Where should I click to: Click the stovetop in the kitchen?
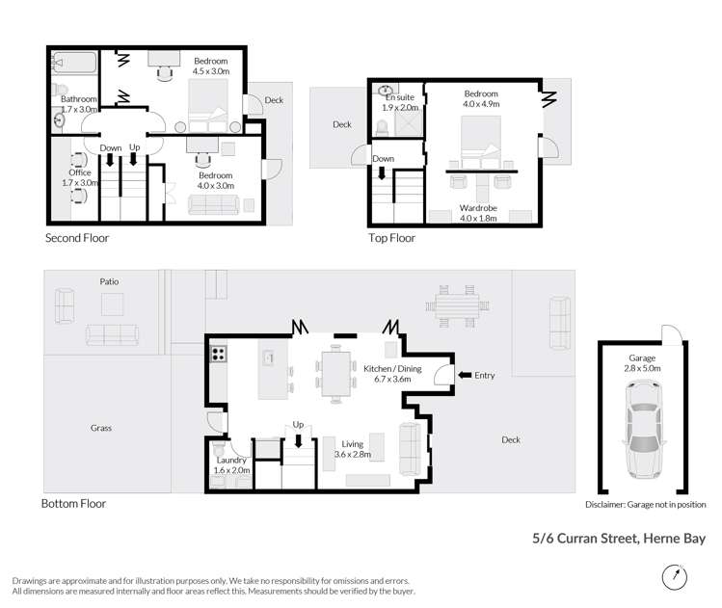click(x=218, y=353)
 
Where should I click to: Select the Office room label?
click(x=80, y=177)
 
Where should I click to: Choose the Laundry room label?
click(x=233, y=464)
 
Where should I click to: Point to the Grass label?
click(x=101, y=428)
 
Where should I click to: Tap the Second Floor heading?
click(x=77, y=237)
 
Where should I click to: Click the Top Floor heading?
click(x=391, y=237)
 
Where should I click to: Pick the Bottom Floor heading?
click(x=73, y=503)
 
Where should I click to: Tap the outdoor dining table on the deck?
click(x=456, y=306)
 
